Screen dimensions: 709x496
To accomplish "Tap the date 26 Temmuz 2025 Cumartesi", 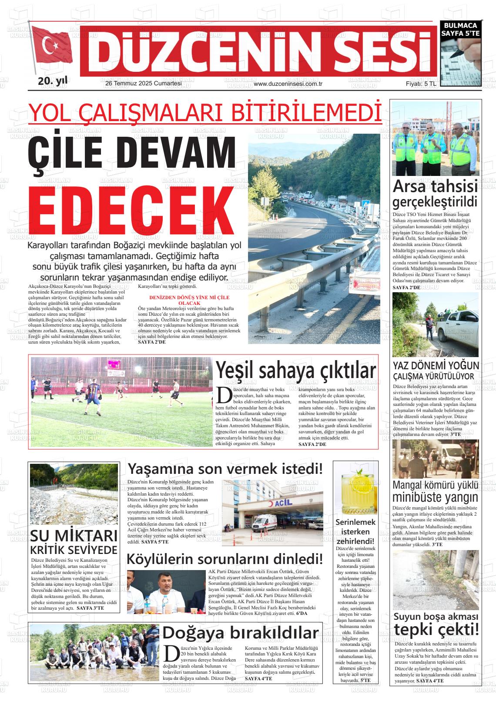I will click(x=144, y=84).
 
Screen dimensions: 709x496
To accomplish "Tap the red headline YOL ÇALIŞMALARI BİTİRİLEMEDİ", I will click(x=204, y=112).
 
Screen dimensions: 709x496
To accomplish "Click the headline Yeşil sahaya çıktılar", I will click(x=296, y=371).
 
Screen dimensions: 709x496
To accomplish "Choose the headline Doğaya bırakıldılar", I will click(x=241, y=633).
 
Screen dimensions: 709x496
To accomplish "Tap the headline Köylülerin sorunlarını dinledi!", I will click(x=225, y=558).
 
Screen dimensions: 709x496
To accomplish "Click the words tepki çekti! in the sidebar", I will click(x=436, y=629).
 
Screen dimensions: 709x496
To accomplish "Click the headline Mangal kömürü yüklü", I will click(x=435, y=485).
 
